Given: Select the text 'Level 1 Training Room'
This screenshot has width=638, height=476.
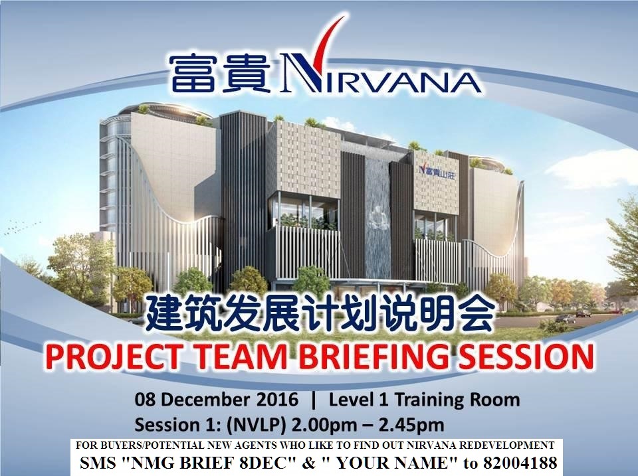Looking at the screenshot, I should (x=424, y=400).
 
